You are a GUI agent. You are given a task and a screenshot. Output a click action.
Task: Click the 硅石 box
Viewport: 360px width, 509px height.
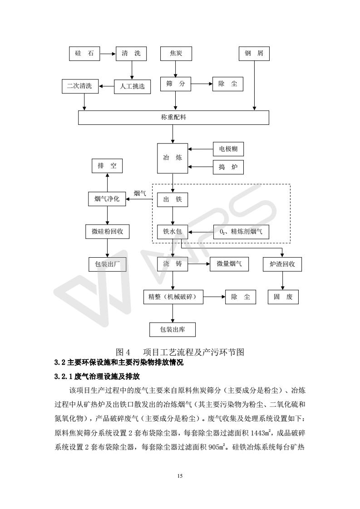point(84,54)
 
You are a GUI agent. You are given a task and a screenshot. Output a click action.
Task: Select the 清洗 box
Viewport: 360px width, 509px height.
point(131,54)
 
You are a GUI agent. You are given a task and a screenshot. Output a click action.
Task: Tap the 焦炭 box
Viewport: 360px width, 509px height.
point(176,54)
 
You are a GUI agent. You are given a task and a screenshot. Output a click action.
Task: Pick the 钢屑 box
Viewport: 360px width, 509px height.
point(254,54)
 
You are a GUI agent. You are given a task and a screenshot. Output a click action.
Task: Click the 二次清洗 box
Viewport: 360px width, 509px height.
point(79,86)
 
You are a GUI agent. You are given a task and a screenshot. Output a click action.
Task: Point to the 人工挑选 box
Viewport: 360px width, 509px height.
point(132,86)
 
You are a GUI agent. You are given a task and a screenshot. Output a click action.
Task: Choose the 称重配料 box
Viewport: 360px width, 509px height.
point(174,117)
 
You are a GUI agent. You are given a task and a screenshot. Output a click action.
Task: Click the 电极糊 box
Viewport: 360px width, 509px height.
point(228,149)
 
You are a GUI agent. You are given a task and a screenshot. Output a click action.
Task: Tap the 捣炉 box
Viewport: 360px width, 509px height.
point(228,167)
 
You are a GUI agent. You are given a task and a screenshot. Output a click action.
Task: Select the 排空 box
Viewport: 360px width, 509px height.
point(107,166)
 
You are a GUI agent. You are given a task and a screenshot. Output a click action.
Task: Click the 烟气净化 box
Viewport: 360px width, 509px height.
point(107,199)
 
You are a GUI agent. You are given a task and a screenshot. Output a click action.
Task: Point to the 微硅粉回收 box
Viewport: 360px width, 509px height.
point(107,231)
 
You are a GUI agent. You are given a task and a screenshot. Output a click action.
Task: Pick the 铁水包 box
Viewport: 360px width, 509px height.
point(172,232)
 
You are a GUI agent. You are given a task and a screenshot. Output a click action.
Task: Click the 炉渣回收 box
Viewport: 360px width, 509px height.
point(282,264)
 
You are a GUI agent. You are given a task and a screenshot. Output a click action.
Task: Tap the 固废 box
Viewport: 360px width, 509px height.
point(282,297)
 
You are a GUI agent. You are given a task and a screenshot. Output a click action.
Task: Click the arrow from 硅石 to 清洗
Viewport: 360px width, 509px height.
point(108,54)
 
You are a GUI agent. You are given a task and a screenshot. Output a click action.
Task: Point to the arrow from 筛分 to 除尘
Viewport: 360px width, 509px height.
point(202,84)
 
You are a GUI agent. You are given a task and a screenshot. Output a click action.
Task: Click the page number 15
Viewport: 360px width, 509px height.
point(180,475)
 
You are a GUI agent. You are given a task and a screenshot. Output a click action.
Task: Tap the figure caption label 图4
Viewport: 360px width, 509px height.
point(123,352)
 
